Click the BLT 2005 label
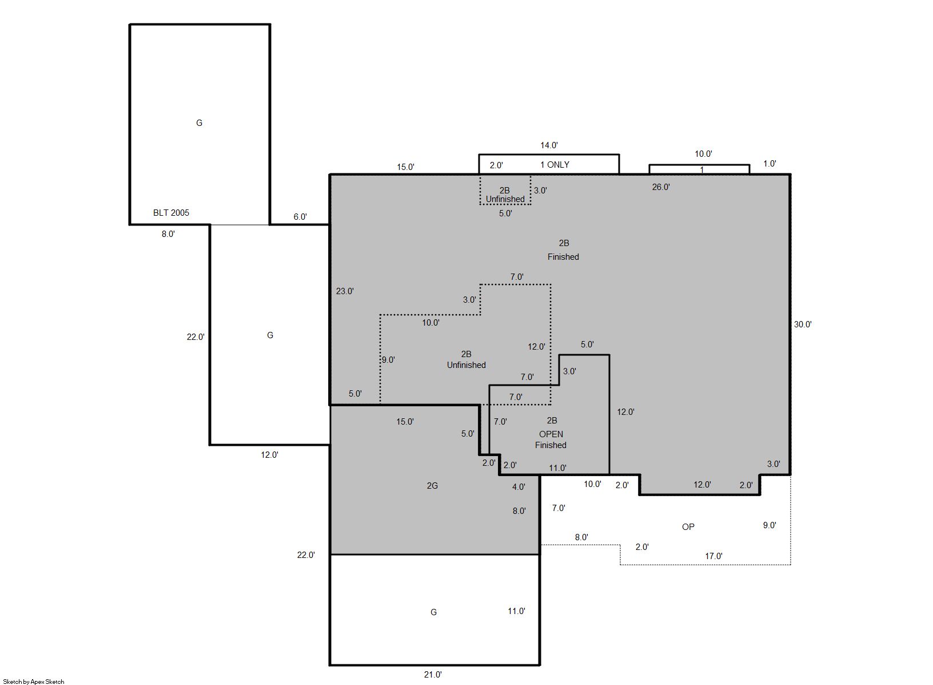point(171,213)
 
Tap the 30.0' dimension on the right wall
point(803,324)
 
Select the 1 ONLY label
point(555,165)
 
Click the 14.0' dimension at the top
point(549,145)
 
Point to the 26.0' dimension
point(661,187)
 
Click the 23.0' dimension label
point(345,291)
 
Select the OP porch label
point(688,526)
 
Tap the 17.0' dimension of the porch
point(713,556)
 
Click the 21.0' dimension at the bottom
point(433,674)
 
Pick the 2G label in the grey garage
point(432,485)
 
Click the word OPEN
point(551,434)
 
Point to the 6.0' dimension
point(300,216)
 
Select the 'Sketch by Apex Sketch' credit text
point(34,682)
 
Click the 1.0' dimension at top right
point(769,164)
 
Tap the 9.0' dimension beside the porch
point(769,525)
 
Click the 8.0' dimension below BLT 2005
point(168,234)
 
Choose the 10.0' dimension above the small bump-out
point(703,153)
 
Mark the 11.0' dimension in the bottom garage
point(516,611)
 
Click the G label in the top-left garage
point(199,122)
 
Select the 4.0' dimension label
point(518,486)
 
